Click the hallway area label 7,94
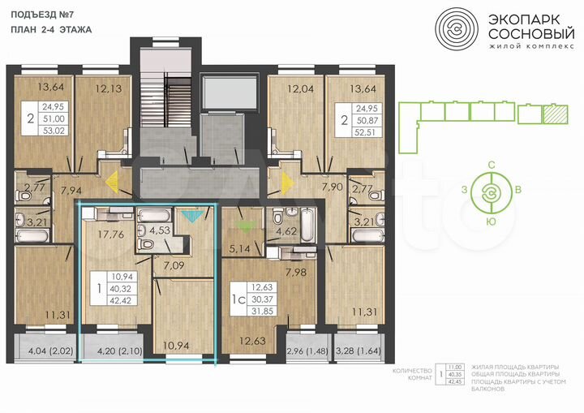pos(66,191)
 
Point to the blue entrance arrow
pos(191,216)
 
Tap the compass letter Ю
pos(491,221)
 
